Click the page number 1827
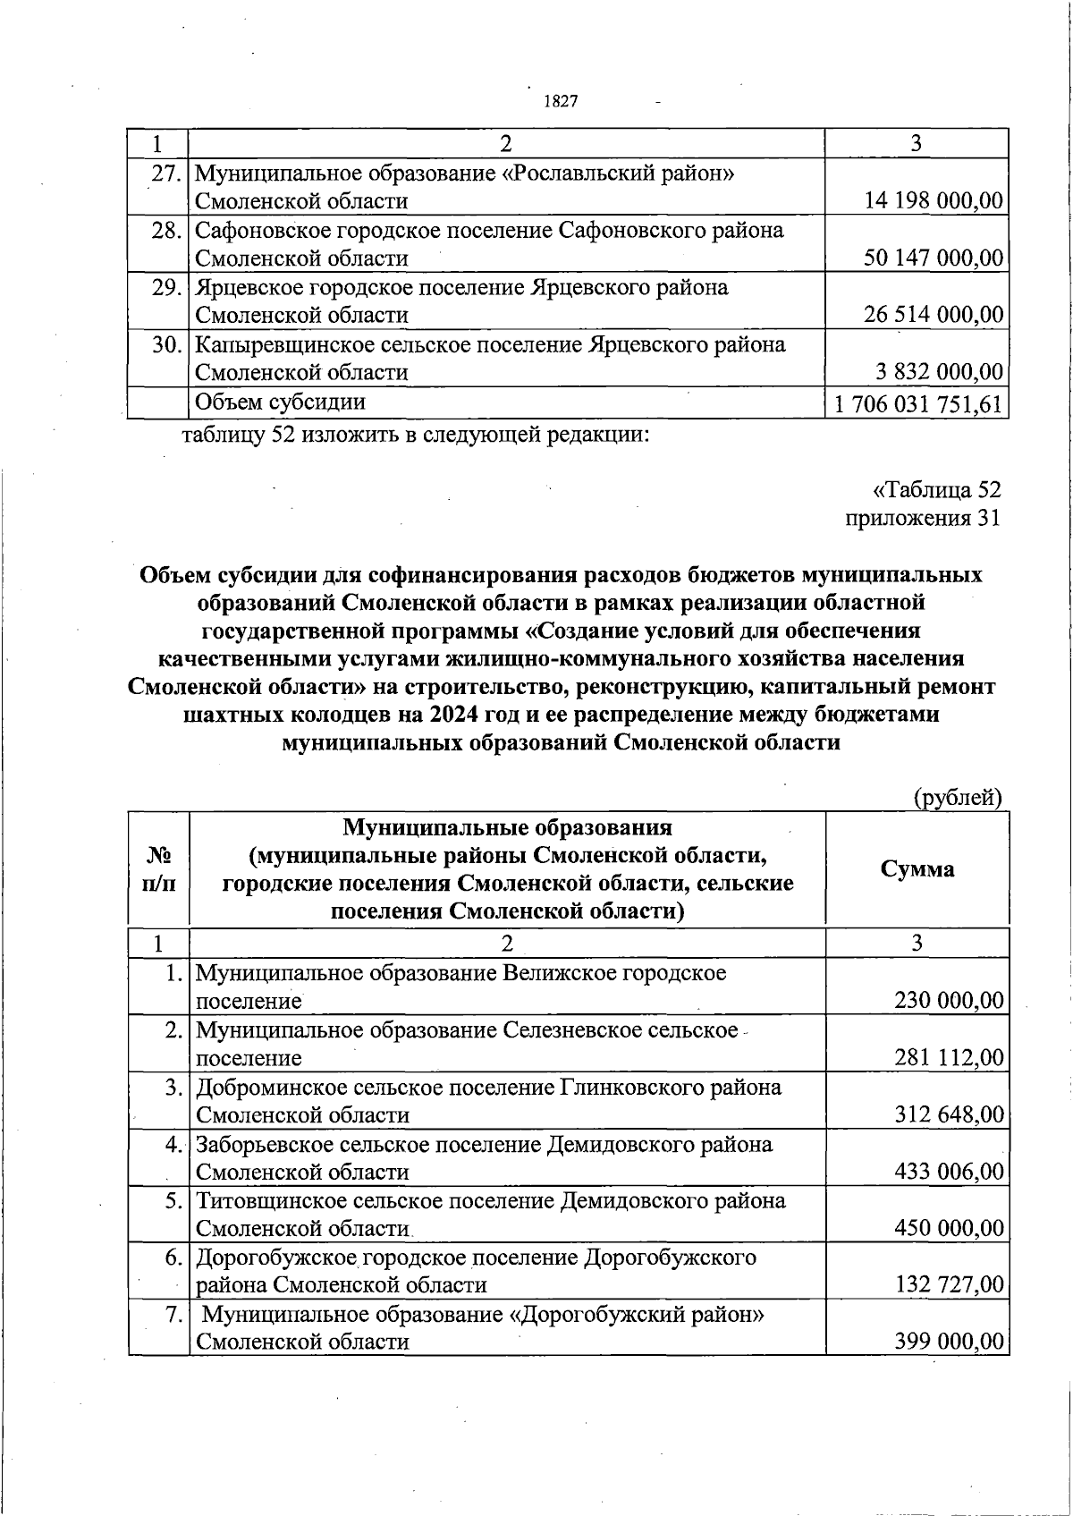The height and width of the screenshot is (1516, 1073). (x=561, y=101)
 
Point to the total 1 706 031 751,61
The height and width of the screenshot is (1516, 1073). (x=917, y=403)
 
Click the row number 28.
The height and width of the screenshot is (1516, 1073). (x=167, y=231)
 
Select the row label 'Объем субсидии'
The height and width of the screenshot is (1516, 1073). (x=280, y=402)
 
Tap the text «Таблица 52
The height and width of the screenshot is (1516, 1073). (x=936, y=489)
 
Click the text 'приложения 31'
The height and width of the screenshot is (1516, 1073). (x=923, y=518)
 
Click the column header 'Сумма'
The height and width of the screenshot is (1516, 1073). (x=917, y=868)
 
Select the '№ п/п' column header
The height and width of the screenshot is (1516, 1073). (x=158, y=868)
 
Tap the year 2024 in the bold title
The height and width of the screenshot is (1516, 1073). (x=454, y=716)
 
